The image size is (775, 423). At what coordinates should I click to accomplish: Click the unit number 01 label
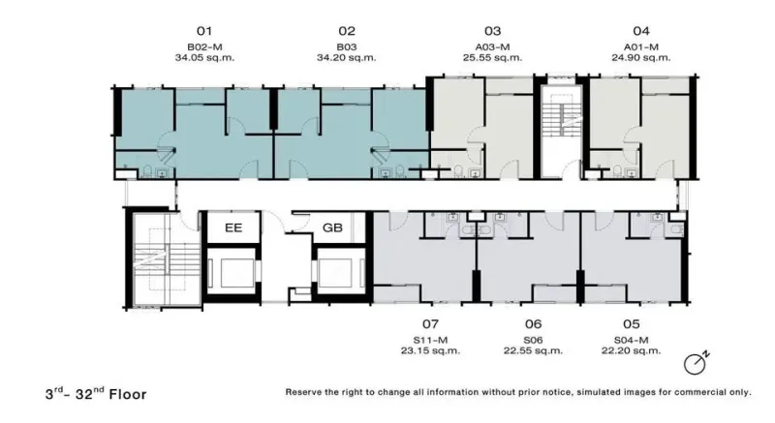click(204, 31)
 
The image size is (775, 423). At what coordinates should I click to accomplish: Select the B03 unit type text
click(347, 46)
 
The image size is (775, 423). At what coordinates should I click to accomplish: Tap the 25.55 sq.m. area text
click(492, 58)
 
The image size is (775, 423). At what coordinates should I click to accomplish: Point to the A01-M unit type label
click(641, 46)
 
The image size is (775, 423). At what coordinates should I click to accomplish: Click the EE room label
click(233, 227)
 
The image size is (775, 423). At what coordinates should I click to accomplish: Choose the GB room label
click(332, 227)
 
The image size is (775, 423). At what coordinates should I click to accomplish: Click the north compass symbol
click(697, 363)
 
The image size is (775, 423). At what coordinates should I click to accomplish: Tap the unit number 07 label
click(430, 324)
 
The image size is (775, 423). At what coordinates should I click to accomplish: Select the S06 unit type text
click(533, 340)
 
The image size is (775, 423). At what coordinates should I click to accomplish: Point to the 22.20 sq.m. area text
click(631, 351)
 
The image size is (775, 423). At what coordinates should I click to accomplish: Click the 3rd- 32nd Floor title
click(96, 393)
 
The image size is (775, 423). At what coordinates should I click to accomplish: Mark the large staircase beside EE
click(163, 259)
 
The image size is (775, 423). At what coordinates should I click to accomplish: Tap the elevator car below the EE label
click(232, 270)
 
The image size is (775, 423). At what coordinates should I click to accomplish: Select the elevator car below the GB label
click(341, 270)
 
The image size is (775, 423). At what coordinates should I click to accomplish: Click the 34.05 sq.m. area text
click(204, 58)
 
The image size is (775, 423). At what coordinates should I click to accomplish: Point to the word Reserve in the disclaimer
click(303, 392)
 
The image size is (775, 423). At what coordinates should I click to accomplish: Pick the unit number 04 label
click(641, 31)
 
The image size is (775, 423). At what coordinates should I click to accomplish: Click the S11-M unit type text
click(430, 340)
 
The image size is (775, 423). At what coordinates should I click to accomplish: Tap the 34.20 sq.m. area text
click(347, 58)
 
